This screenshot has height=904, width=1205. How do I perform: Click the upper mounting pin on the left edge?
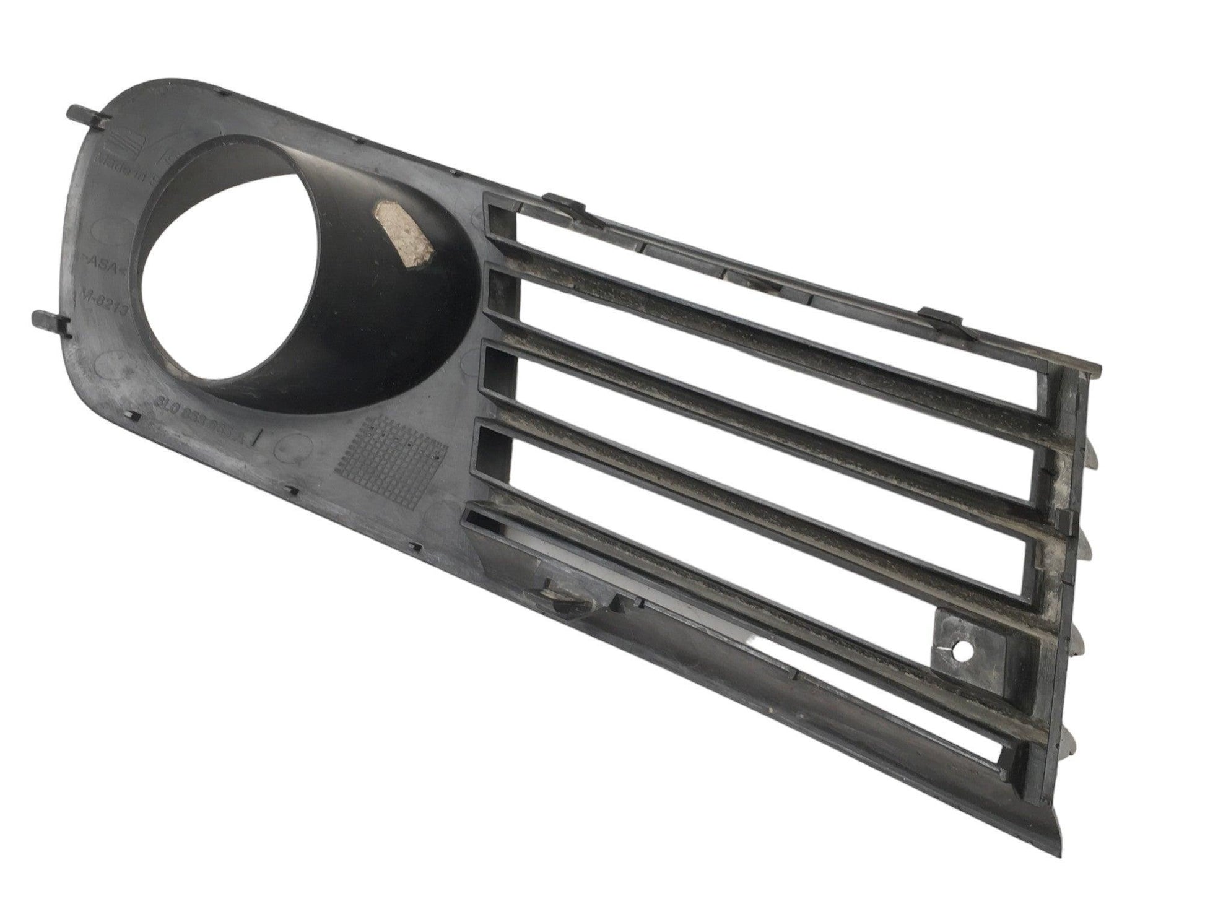click(87, 115)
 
